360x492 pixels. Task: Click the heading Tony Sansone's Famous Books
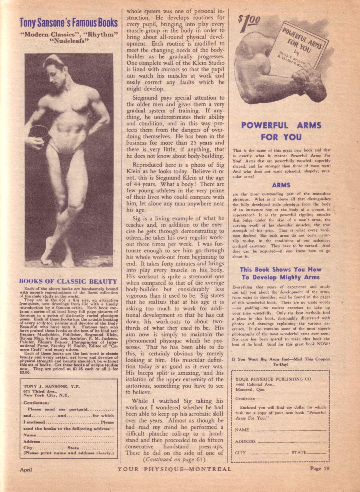(68, 22)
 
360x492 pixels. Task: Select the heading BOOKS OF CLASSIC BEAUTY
(68, 282)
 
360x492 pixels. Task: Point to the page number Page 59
(321, 469)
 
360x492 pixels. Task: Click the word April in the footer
(26, 470)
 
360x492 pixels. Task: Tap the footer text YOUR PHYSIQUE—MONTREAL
(174, 469)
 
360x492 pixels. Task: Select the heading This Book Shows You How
(281, 270)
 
